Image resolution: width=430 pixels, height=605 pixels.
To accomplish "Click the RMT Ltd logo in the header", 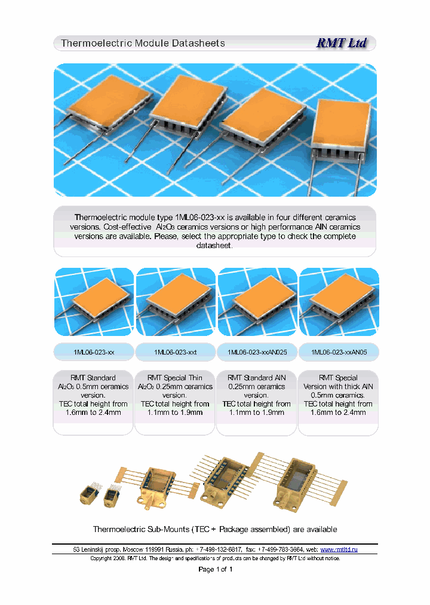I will (x=341, y=43).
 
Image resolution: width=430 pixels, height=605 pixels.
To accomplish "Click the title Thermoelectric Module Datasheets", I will (x=143, y=43).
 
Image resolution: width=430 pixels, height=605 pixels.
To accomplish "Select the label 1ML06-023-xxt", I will (x=175, y=353).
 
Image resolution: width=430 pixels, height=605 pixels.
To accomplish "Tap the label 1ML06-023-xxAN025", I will (x=257, y=353).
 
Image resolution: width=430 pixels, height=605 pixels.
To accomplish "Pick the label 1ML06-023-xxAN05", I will (x=339, y=353).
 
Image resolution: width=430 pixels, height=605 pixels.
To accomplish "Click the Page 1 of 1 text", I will (x=215, y=569).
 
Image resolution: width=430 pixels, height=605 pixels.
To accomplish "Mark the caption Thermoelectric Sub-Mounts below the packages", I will (x=215, y=529).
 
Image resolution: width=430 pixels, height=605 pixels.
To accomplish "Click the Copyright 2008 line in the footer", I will (x=215, y=558).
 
